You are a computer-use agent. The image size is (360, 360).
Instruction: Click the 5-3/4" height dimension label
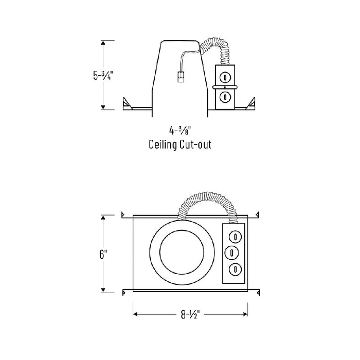pyautogui.click(x=103, y=75)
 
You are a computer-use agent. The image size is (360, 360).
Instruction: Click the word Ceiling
pyautogui.click(x=162, y=145)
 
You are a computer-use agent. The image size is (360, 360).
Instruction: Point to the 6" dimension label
pyautogui.click(x=103, y=254)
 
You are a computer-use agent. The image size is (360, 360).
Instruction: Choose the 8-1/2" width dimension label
pyautogui.click(x=190, y=313)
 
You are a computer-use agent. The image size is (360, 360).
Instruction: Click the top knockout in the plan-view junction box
pyautogui.click(x=235, y=237)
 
